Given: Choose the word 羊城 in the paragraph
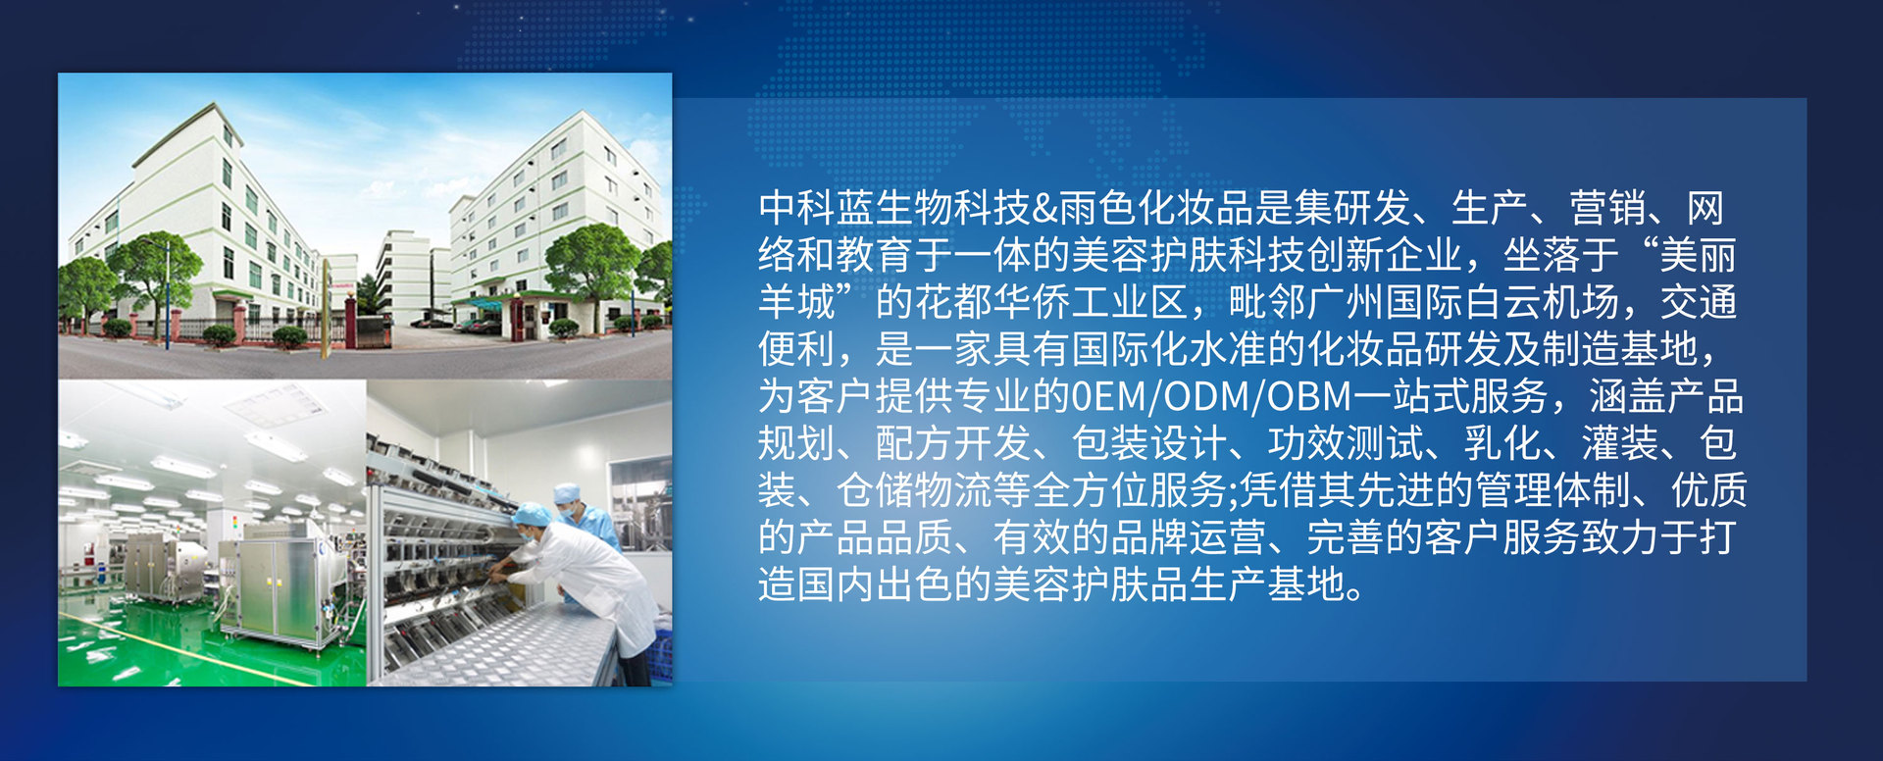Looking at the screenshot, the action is pyautogui.click(x=796, y=302).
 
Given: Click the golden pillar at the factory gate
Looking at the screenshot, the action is pyautogui.click(x=326, y=308).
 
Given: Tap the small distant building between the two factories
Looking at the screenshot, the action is pyautogui.click(x=401, y=275).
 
